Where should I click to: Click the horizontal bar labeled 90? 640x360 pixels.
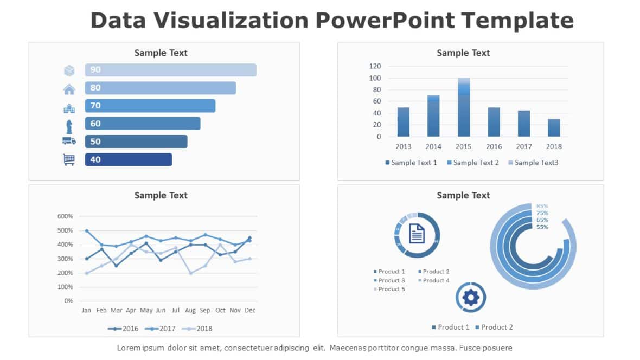point(170,70)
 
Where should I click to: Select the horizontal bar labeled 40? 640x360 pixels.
point(128,159)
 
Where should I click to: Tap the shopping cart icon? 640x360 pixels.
point(69,159)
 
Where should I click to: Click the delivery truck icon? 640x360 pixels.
point(69,141)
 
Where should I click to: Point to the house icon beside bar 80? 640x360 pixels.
point(69,89)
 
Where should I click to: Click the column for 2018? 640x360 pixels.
point(554,128)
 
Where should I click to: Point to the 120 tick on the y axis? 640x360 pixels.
point(375,66)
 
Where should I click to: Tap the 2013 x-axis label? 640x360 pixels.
point(403,146)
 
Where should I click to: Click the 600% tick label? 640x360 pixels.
point(65,216)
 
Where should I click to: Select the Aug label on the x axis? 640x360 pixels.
point(190,311)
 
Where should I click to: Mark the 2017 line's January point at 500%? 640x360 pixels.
point(87,230)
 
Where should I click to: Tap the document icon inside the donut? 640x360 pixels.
point(417,234)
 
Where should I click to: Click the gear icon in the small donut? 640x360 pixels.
point(471,297)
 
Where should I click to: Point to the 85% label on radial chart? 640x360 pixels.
point(542,206)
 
